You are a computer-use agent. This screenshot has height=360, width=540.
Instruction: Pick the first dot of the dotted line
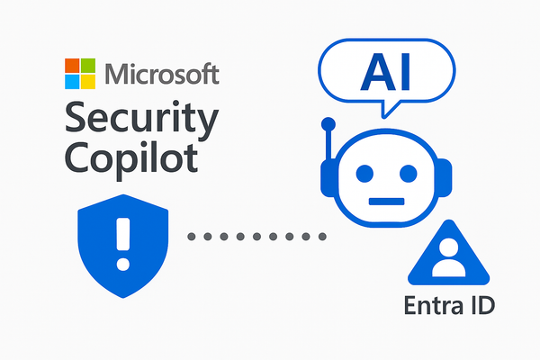[x=192, y=237]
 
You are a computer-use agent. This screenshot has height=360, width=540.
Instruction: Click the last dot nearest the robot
[x=321, y=237]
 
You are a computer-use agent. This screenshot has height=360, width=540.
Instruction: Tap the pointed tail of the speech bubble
[x=388, y=112]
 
